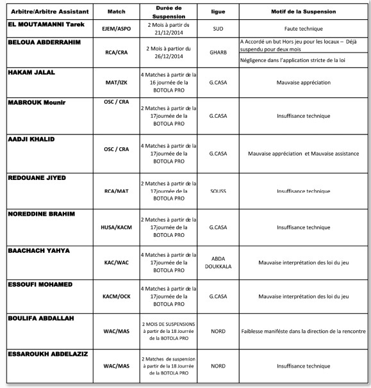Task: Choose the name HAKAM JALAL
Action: click(x=31, y=73)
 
